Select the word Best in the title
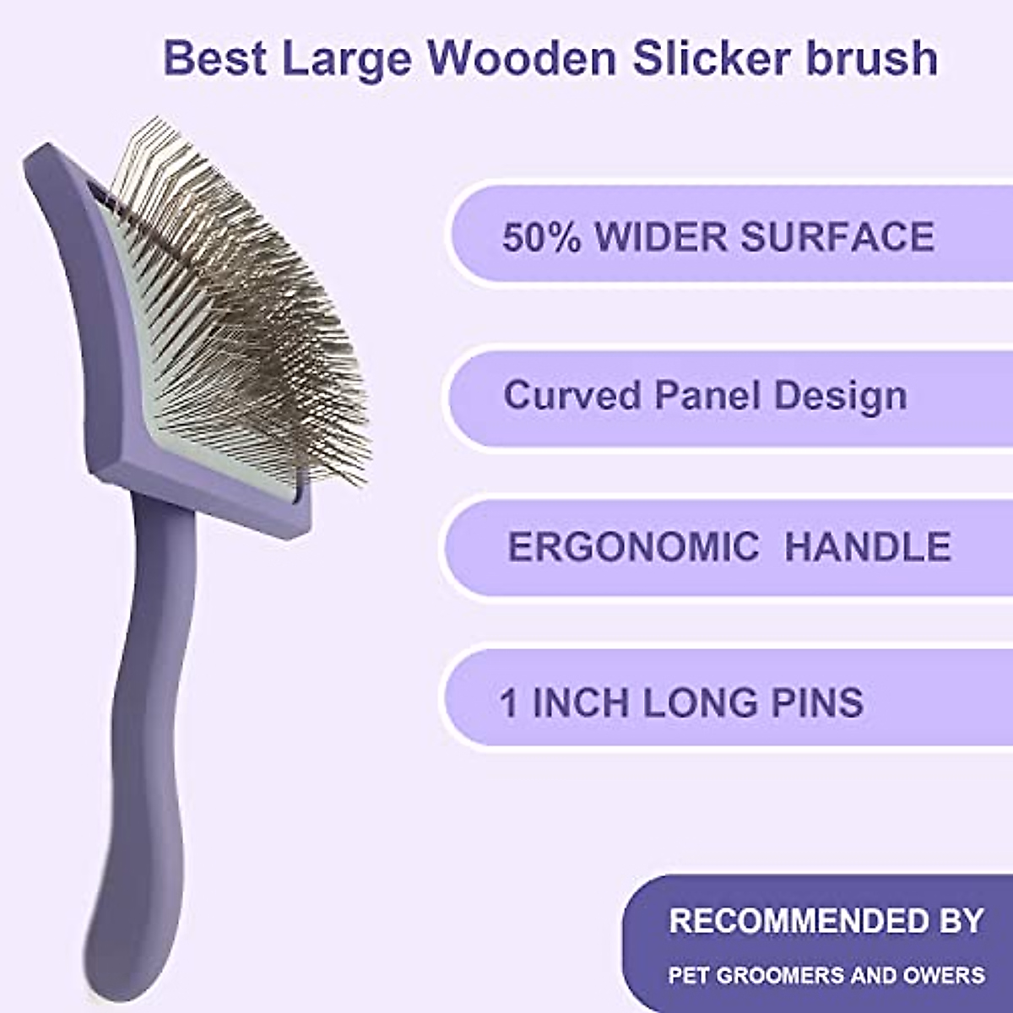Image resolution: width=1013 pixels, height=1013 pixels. tap(214, 57)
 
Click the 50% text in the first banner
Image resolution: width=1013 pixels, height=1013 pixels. tap(541, 236)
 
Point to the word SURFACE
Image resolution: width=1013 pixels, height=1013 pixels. tap(837, 236)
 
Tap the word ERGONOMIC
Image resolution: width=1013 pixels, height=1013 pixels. tap(633, 547)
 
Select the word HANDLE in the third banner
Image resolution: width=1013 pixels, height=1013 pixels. tap(868, 547)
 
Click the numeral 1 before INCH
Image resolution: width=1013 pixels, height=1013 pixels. tap(508, 702)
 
